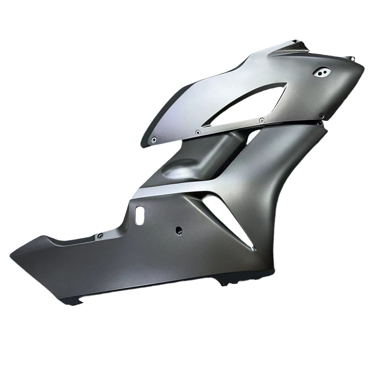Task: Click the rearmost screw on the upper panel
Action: pos(154,139)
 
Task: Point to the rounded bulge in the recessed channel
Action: pos(175,170)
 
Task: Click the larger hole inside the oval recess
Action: pos(320,73)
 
